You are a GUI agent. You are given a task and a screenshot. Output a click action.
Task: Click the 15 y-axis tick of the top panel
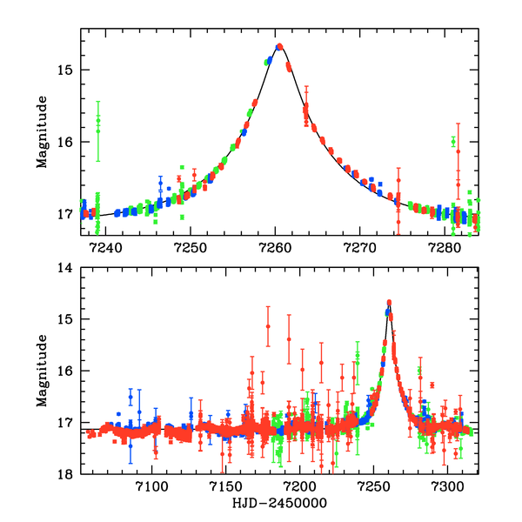pyautogui.click(x=69, y=70)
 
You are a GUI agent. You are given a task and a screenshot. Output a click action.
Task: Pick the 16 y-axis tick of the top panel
pyautogui.click(x=69, y=142)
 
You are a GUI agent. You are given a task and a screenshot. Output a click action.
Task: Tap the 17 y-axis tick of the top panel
pyautogui.click(x=69, y=214)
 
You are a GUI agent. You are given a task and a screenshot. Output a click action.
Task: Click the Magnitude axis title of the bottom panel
pyautogui.click(x=41, y=371)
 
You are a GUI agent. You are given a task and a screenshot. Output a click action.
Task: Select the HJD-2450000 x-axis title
pyautogui.click(x=278, y=504)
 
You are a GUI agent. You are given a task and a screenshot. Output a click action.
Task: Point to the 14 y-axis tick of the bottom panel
pyautogui.click(x=69, y=268)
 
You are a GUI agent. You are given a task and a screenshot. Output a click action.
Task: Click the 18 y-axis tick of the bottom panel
pyautogui.click(x=69, y=474)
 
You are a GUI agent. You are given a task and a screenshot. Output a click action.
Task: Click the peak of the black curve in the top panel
pyautogui.click(x=278, y=45)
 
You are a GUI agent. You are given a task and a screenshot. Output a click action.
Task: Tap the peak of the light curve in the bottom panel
pyautogui.click(x=389, y=302)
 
